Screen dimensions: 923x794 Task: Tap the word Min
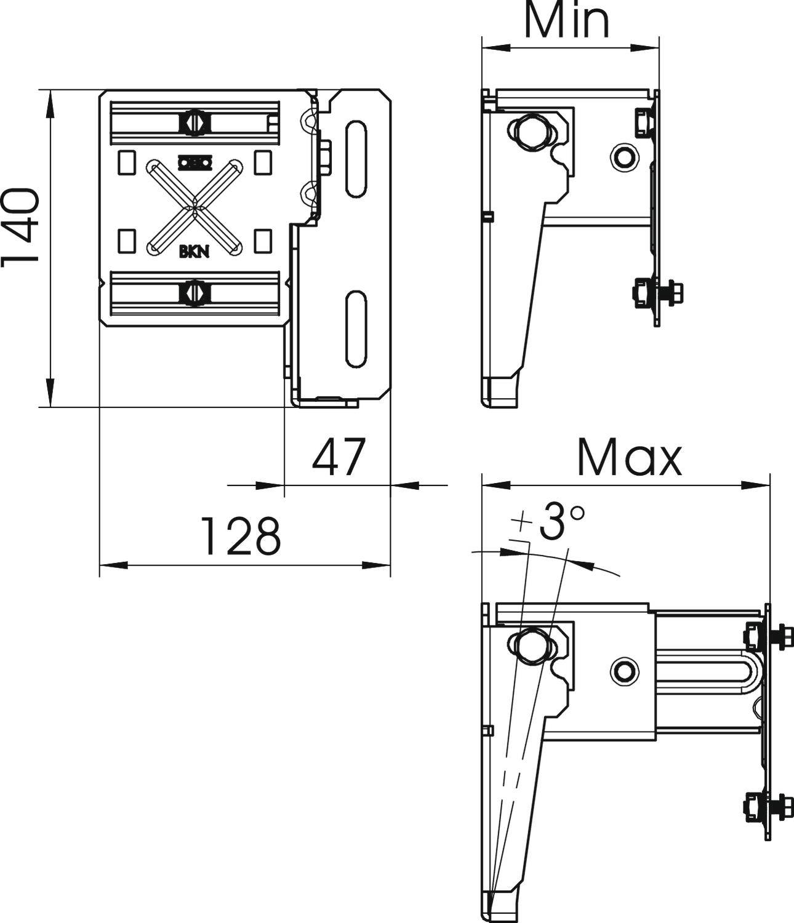(567, 20)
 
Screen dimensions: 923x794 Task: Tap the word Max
(629, 459)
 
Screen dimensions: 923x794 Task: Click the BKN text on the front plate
(193, 251)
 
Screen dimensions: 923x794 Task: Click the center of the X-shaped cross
(194, 207)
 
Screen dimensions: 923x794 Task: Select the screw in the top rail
(194, 123)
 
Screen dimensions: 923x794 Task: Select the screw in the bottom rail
(194, 292)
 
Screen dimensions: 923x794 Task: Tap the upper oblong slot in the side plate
(356, 159)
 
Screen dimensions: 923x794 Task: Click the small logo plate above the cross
(194, 162)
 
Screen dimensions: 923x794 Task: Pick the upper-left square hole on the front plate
(126, 161)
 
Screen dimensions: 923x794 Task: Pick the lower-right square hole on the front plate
(263, 241)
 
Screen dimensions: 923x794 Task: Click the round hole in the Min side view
(624, 158)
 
